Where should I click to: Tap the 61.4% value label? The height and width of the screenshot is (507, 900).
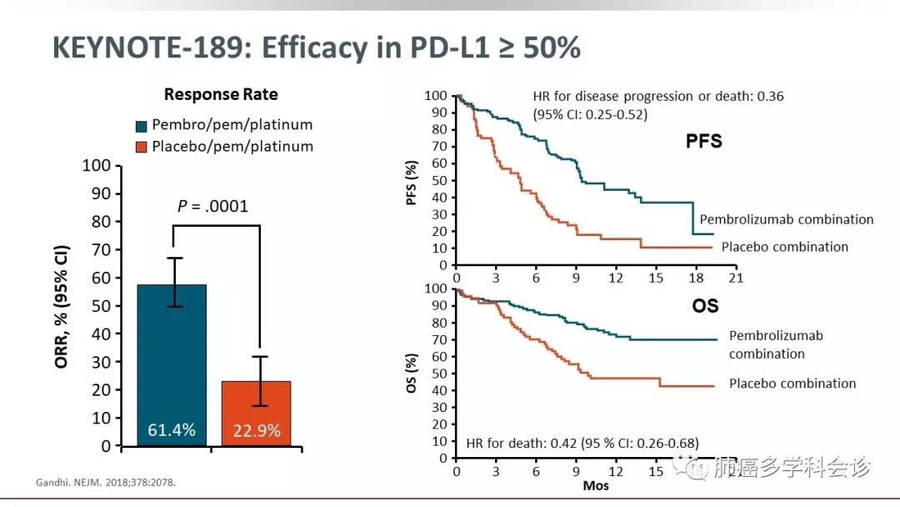point(172,430)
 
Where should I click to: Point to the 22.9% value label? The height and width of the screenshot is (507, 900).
point(256,431)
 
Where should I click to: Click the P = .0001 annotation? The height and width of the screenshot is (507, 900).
point(213,206)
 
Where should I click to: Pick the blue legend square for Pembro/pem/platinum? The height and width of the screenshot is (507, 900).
point(141,126)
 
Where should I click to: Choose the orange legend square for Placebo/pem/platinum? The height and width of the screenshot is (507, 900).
point(141,148)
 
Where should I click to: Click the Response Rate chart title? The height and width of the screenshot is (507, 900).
point(221,94)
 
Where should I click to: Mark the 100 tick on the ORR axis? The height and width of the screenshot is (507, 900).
point(97,165)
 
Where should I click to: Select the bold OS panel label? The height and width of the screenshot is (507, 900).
point(705,306)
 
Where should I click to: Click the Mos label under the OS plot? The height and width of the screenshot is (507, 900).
point(595,485)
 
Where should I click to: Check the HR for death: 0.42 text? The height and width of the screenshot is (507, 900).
point(582,443)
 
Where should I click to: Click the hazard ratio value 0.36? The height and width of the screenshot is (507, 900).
point(769,97)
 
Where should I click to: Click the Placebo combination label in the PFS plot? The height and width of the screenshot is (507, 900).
point(784,247)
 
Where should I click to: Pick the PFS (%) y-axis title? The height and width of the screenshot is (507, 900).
point(434,181)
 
